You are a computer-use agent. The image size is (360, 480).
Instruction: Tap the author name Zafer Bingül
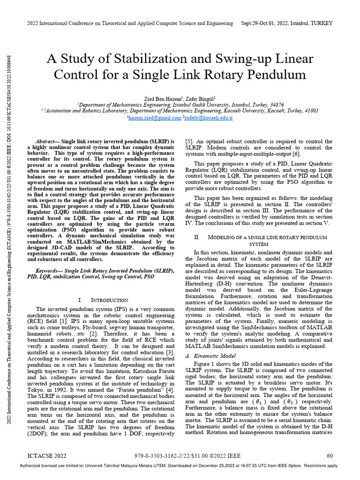point(200,98)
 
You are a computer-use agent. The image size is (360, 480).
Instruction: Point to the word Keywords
point(49,271)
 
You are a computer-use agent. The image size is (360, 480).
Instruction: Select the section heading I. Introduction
point(103,300)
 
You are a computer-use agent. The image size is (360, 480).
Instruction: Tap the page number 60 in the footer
point(330,455)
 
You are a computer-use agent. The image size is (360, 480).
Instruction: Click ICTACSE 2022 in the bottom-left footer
point(47,455)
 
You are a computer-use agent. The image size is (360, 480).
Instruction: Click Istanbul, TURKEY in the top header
point(314,23)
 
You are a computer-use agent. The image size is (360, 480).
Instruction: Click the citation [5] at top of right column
point(189,141)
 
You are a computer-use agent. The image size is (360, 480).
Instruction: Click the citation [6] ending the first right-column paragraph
point(297,154)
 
